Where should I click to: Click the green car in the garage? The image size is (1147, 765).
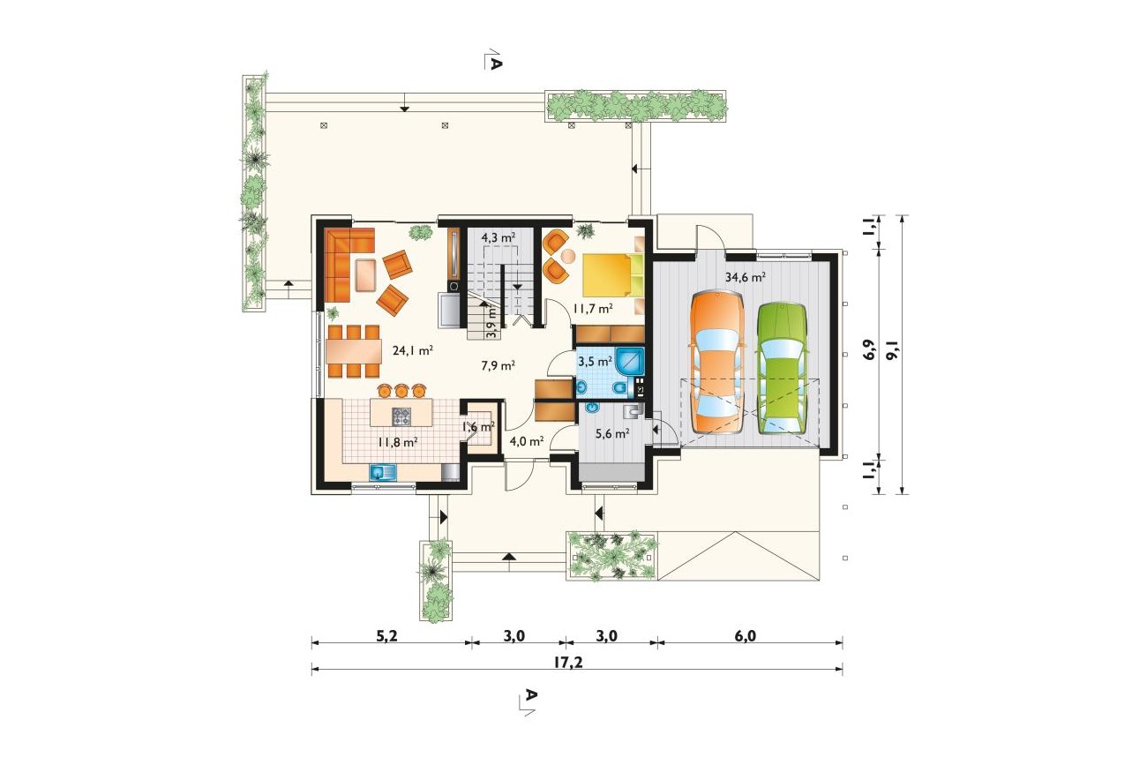(782, 369)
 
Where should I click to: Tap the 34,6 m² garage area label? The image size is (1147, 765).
(745, 278)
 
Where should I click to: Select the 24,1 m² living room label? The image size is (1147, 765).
(413, 350)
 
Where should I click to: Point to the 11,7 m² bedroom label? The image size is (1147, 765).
(592, 309)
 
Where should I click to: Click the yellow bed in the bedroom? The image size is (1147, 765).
(612, 274)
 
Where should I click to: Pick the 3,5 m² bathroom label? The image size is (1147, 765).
(595, 361)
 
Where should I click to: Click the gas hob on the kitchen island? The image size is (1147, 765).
(401, 416)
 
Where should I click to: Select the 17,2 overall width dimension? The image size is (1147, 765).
(568, 663)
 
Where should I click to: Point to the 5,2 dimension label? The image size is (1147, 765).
(387, 636)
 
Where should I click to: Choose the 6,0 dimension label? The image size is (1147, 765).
(745, 636)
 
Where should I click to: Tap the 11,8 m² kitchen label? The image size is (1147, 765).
(397, 441)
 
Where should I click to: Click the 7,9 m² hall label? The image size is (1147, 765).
(498, 365)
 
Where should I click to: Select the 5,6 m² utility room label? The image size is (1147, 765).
(612, 434)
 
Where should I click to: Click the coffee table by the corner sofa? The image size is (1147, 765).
(364, 275)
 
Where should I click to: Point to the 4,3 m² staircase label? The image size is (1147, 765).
(498, 237)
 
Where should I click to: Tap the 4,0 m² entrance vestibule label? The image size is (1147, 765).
(527, 441)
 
